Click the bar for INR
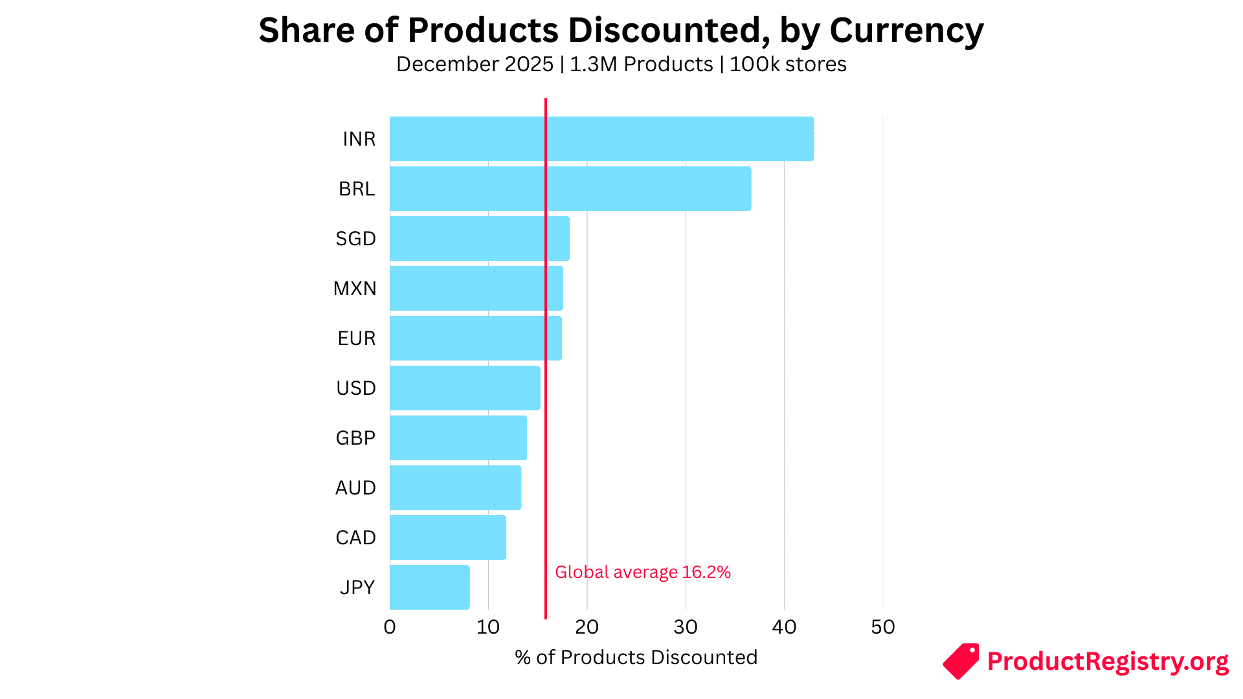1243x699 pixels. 601,139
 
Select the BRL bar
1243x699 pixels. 570,188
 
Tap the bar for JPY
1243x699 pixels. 430,587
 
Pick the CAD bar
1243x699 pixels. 448,537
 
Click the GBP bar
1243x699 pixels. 458,438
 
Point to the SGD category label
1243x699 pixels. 355,239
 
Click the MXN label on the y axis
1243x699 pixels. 355,289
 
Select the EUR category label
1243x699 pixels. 356,338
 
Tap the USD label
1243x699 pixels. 355,388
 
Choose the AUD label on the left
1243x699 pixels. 355,488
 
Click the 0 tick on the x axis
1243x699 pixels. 390,627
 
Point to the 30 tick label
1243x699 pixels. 686,627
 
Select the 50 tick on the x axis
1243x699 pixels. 883,627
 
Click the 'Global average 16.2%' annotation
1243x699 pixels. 643,572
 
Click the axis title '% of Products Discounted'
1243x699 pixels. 636,658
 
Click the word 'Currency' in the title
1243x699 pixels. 906,30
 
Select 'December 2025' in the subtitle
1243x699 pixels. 475,65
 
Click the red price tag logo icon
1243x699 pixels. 961,661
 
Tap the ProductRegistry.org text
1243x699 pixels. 1108,661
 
